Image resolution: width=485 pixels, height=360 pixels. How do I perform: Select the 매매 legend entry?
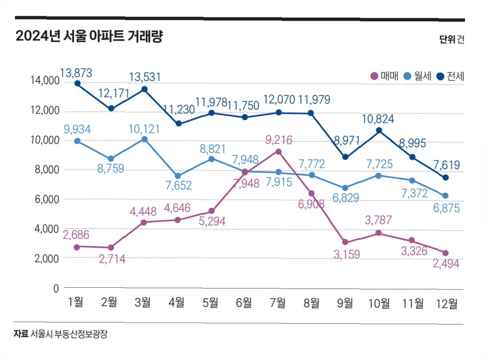384,76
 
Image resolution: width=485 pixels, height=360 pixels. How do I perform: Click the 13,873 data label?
76,73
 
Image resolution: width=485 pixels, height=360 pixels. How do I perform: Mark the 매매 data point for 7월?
278,152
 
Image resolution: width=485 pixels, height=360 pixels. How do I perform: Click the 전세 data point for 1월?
77,84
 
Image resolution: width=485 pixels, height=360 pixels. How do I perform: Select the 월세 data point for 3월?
144,139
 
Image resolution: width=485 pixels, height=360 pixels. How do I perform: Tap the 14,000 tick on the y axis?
45,81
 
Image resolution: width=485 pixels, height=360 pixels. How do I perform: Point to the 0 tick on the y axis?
55,288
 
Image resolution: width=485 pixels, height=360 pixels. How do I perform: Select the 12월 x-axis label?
447,303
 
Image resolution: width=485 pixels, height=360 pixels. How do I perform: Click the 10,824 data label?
378,119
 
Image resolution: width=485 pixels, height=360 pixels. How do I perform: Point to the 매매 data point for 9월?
345,242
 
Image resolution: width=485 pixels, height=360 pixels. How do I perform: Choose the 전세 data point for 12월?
446,178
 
